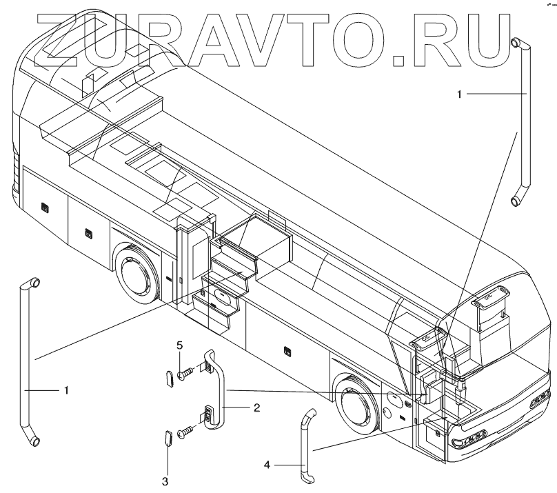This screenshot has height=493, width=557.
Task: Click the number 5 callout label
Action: pyautogui.click(x=179, y=345)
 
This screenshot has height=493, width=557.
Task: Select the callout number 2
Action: pyautogui.click(x=256, y=408)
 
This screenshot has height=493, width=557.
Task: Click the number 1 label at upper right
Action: pyautogui.click(x=459, y=93)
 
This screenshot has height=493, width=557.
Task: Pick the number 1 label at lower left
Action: pyautogui.click(x=66, y=390)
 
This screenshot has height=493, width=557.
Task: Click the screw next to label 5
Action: pyautogui.click(x=185, y=374)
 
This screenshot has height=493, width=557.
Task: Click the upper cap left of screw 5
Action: pyautogui.click(x=168, y=379)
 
